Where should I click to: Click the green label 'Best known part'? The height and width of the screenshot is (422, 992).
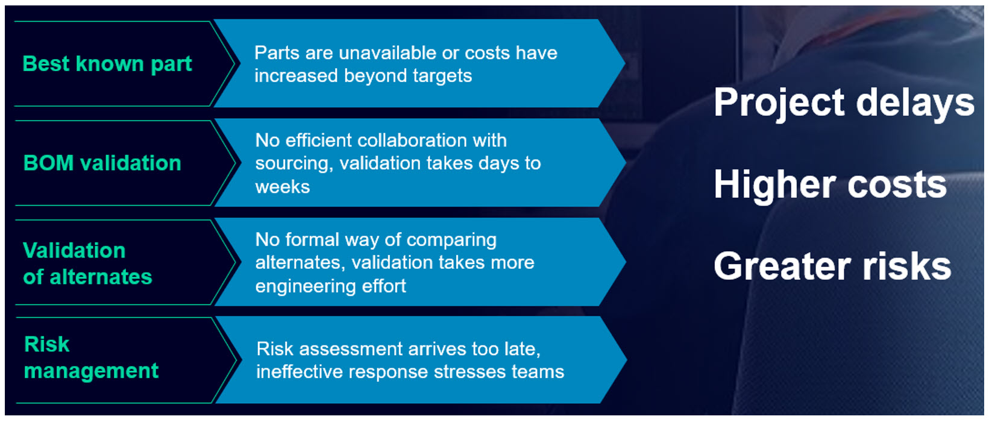(107, 65)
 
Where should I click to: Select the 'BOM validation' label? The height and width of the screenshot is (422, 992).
(102, 163)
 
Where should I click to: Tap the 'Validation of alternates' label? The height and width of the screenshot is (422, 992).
(87, 263)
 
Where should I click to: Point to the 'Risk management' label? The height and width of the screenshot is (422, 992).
(91, 357)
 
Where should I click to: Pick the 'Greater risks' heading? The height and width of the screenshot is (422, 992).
(832, 266)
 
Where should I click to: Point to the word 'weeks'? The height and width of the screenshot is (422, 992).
(283, 187)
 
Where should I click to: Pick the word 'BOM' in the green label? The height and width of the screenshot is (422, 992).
(48, 163)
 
